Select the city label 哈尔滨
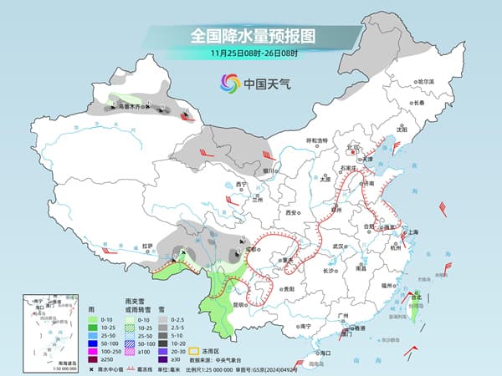[x=426, y=80]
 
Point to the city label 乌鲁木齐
[x=131, y=106]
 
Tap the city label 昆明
[x=240, y=304]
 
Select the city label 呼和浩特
[x=317, y=140]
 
